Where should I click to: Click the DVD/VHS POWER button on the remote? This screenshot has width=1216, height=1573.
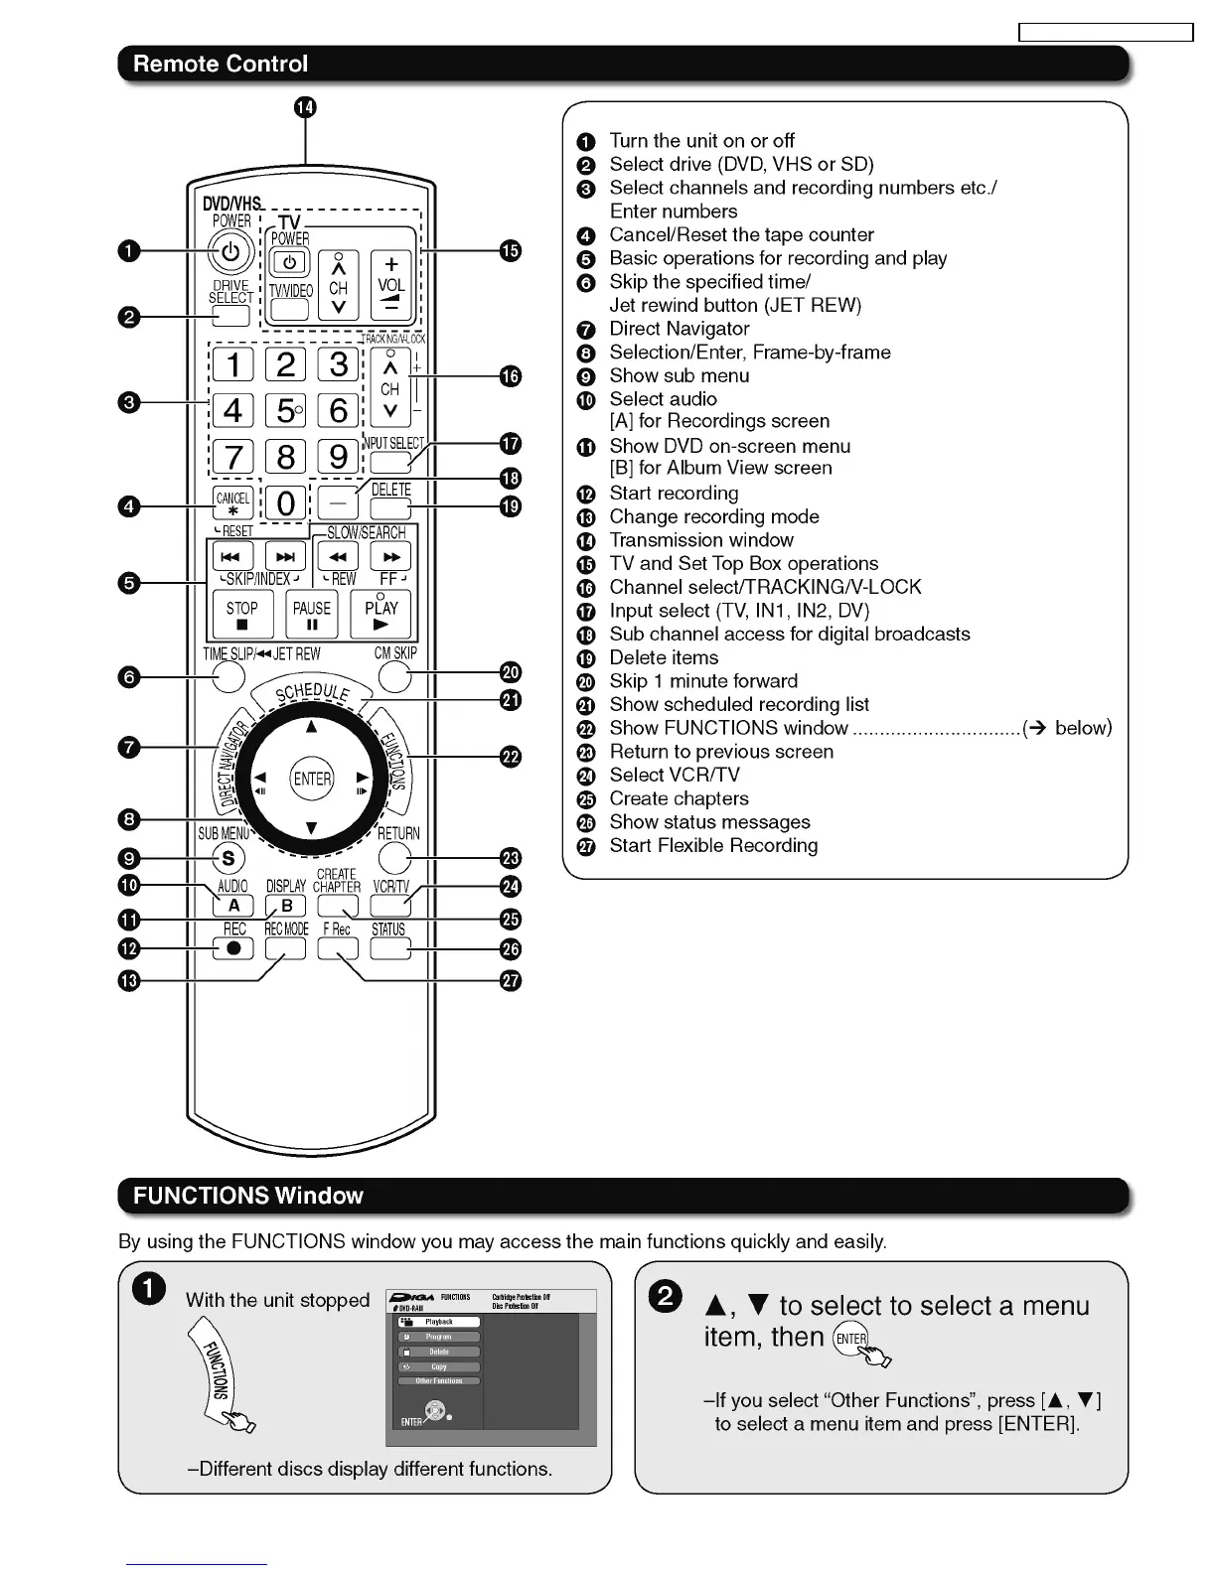229,252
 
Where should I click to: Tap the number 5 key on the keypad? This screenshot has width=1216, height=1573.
286,410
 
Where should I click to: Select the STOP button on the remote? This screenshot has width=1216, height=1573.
242,615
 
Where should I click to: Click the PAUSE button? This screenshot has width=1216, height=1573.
312,615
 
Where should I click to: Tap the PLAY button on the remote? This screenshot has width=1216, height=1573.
380,615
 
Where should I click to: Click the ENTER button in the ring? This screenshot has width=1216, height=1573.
312,779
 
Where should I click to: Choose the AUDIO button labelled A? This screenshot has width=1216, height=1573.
233,906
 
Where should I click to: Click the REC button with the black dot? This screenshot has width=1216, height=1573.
233,948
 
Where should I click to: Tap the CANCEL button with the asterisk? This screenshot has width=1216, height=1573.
233,503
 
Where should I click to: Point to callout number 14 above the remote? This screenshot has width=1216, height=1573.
305,107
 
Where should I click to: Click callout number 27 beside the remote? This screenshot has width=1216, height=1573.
511,980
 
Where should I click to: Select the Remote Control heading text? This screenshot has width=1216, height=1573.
221,64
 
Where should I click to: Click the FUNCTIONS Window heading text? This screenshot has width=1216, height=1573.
248,1196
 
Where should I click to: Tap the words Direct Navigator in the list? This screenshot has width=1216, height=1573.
680,329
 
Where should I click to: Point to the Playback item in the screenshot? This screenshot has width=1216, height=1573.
439,1322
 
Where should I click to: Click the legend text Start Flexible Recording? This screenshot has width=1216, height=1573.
713,846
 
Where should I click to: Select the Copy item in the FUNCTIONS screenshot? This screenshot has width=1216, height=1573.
439,1366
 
